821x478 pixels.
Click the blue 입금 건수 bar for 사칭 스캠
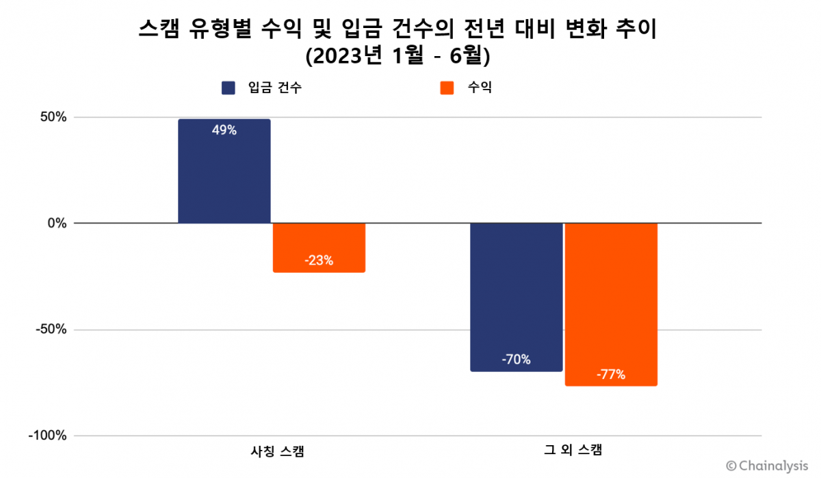point(224,178)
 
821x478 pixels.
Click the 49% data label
point(224,131)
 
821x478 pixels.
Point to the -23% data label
point(319,261)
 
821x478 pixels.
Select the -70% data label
point(516,360)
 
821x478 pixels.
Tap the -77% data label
point(610,375)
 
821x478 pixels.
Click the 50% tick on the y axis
point(52,118)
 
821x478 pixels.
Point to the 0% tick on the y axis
point(57,224)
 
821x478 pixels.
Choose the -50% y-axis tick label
point(50,330)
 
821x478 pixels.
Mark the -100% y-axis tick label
point(47,436)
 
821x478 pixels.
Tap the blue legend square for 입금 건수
point(229,88)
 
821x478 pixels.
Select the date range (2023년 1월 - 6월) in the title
point(398,56)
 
